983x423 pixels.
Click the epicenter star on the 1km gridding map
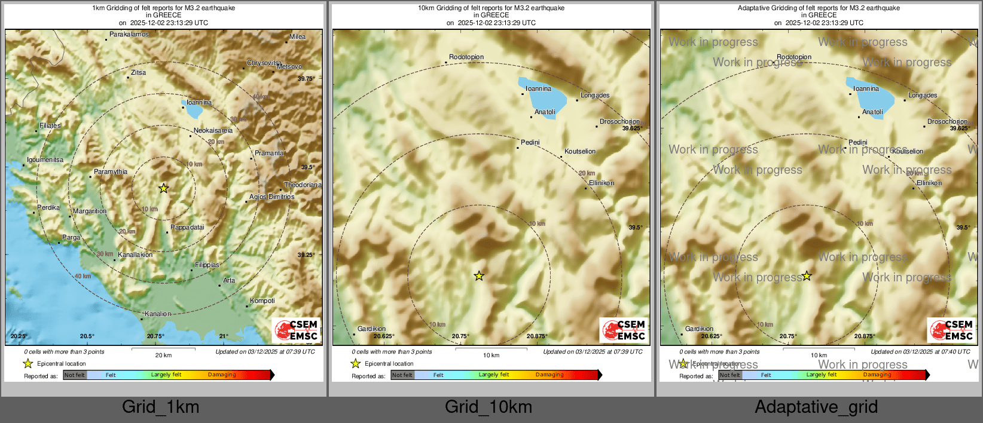point(163,188)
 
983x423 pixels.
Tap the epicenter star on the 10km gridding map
point(479,276)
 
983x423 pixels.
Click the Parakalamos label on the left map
point(129,35)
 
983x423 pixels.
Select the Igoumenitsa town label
point(45,160)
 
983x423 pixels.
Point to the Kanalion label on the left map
point(158,314)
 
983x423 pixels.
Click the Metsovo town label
point(289,67)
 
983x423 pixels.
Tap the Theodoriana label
point(302,185)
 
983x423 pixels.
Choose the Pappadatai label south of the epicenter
point(187,228)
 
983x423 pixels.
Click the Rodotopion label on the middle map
point(466,57)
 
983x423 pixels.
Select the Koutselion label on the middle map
point(580,152)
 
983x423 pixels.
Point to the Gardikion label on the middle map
point(371,329)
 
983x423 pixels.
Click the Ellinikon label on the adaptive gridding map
point(929,183)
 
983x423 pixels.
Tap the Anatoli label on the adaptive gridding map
point(872,112)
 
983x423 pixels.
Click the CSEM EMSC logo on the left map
point(297,330)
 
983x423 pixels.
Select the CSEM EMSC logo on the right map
point(952,330)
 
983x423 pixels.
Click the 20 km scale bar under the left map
point(163,348)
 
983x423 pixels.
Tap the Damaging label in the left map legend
point(222,375)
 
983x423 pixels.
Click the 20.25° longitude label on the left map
point(19,336)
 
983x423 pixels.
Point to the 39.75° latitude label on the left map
point(306,79)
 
